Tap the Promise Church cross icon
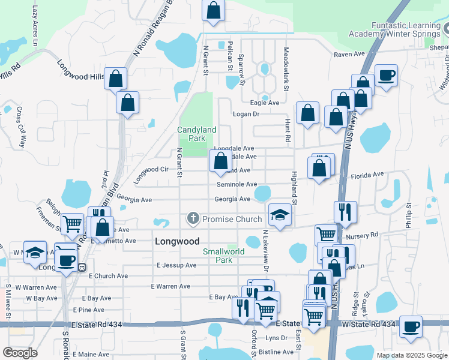(x=193, y=218)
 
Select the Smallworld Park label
(x=223, y=256)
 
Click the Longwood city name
(x=177, y=241)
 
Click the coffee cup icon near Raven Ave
(x=386, y=76)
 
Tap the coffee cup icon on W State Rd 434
(x=411, y=326)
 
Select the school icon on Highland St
(x=280, y=215)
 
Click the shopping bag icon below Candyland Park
(x=220, y=160)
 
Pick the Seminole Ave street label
(x=237, y=185)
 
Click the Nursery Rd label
(x=366, y=235)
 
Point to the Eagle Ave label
(x=264, y=103)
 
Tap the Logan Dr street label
(x=246, y=113)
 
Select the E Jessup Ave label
(x=176, y=265)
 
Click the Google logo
(x=20, y=353)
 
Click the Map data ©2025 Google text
(x=411, y=355)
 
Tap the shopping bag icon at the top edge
(x=214, y=10)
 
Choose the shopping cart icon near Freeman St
(x=72, y=224)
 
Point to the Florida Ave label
(x=367, y=175)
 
